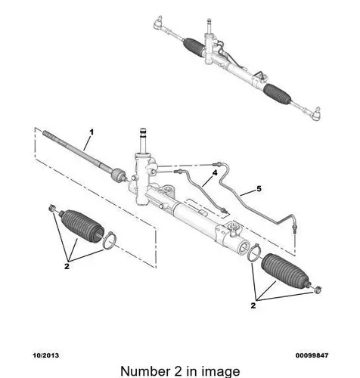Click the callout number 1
(92, 132)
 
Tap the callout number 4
(215, 173)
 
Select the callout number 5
(259, 188)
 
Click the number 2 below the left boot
(67, 266)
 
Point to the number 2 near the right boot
(253, 305)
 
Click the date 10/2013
(45, 355)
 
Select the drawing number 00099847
(312, 355)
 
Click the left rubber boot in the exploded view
(82, 225)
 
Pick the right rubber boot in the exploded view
(286, 271)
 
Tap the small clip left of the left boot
(52, 209)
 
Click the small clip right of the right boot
(318, 290)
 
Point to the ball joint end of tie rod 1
(119, 175)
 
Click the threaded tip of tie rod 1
(48, 135)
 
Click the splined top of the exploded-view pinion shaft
(144, 133)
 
